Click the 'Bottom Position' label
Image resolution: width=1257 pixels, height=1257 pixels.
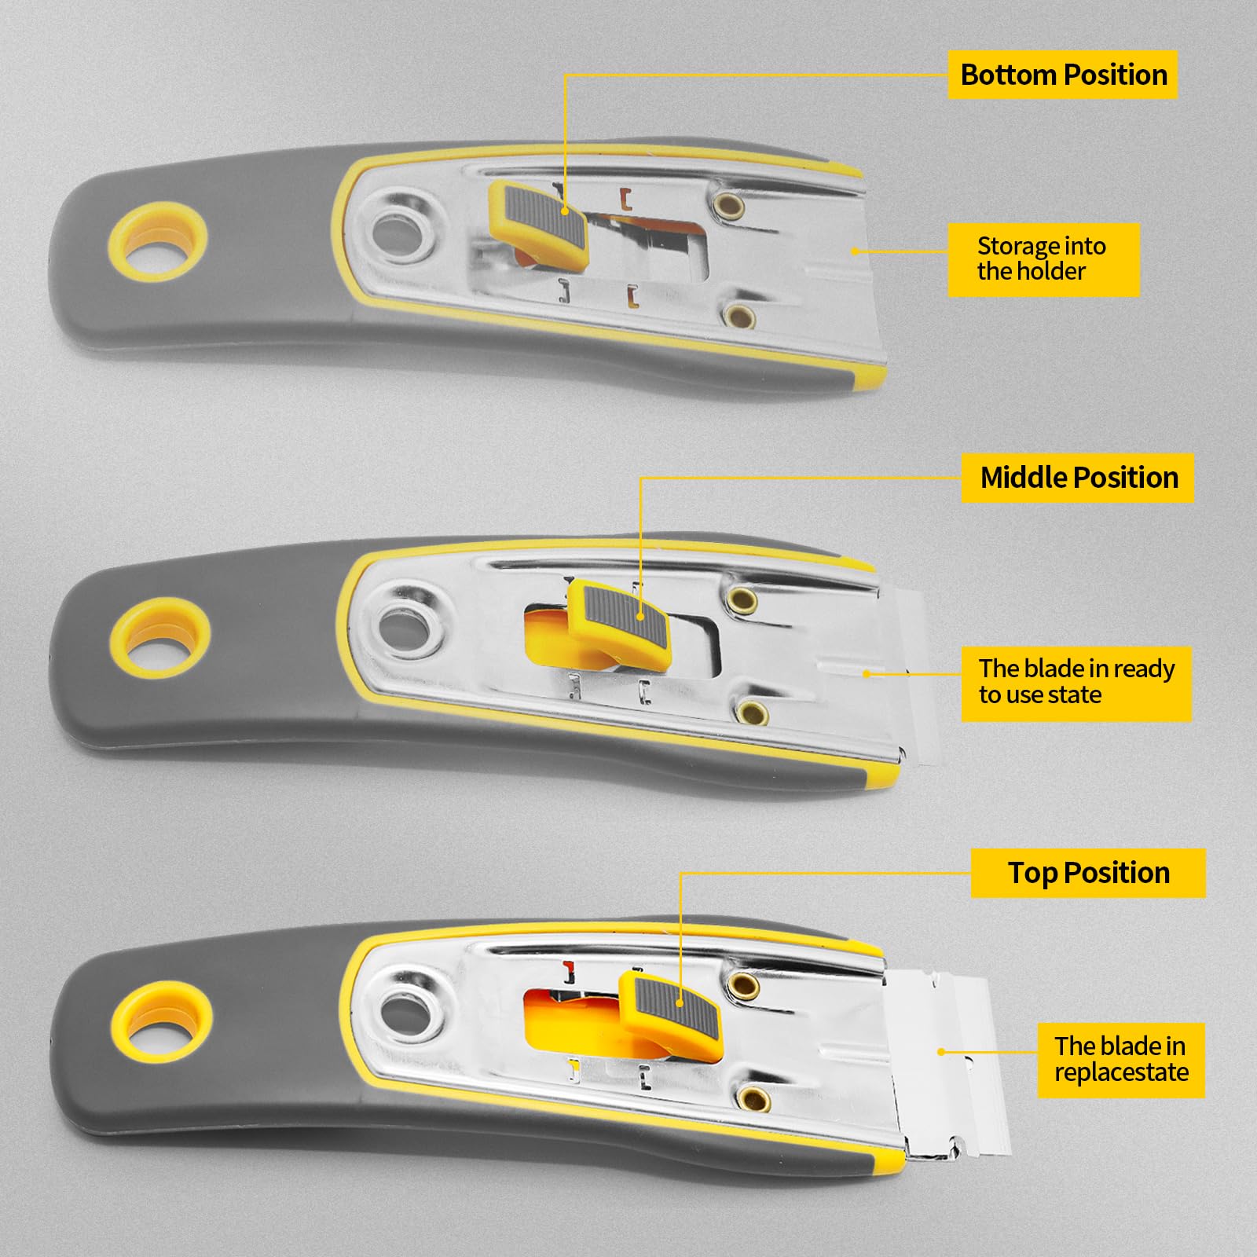(x=1063, y=75)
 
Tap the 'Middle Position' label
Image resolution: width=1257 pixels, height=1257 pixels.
(x=1078, y=478)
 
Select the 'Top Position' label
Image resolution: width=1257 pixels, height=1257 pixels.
(x=1088, y=873)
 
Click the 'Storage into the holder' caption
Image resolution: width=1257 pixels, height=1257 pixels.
(x=1043, y=259)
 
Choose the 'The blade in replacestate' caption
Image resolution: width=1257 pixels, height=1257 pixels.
(x=1121, y=1060)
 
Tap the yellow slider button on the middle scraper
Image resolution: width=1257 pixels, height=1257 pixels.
(x=618, y=625)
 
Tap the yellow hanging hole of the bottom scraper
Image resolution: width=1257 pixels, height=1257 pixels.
(x=162, y=1021)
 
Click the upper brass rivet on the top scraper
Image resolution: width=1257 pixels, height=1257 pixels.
(x=729, y=206)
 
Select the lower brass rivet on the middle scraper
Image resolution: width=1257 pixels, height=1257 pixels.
(x=753, y=713)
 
